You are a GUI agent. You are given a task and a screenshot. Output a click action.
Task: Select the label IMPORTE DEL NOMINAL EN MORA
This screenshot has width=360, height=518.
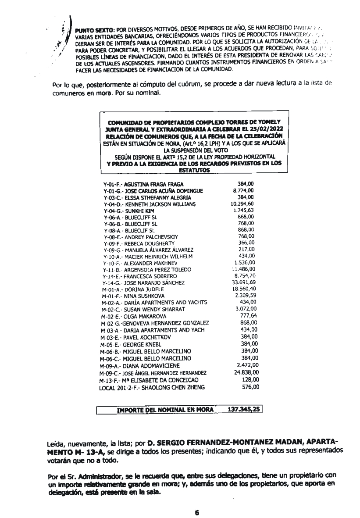[163, 411]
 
